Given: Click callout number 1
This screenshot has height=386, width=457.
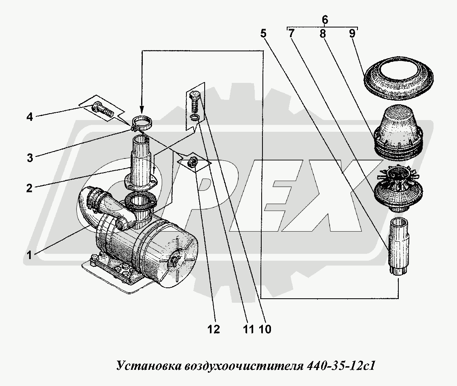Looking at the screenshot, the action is point(29,255).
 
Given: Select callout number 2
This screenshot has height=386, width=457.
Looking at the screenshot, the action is point(29,188).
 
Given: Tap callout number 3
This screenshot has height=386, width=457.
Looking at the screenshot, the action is point(30,158).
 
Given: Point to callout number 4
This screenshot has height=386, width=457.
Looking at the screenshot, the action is point(30,117).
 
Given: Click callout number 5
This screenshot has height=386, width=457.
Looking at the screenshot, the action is point(263,34).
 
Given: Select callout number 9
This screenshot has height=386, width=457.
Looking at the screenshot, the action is point(352,34).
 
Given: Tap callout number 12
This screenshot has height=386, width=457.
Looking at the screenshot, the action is point(214,329).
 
